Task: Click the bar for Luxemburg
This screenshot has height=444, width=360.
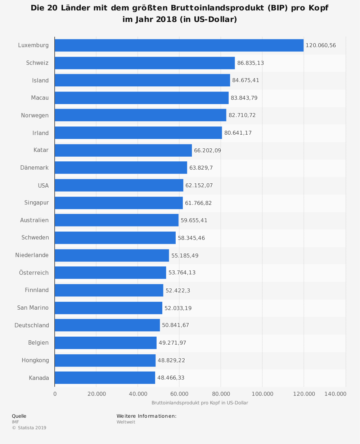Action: pyautogui.click(x=179, y=45)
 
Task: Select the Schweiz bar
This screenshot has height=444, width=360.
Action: pyautogui.click(x=145, y=63)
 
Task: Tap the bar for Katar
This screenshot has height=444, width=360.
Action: pyautogui.click(x=123, y=151)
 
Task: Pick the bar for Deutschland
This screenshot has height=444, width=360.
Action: pyautogui.click(x=107, y=325)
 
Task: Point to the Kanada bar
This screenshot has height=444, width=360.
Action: pyautogui.click(x=105, y=378)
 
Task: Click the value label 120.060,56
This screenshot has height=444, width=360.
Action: pyautogui.click(x=321, y=45)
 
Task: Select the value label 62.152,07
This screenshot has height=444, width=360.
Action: pyautogui.click(x=199, y=185)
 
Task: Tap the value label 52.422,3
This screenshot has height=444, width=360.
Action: pyautogui.click(x=178, y=291)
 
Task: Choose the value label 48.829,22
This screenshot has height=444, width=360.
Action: pyautogui.click(x=171, y=360)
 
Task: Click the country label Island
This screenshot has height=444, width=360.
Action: pyautogui.click(x=40, y=81)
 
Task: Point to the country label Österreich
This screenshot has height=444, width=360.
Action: pyautogui.click(x=34, y=273)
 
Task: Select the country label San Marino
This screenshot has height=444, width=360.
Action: pyautogui.click(x=33, y=308)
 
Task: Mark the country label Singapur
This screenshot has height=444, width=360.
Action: pyautogui.click(x=36, y=203)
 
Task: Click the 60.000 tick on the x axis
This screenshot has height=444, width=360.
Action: pyautogui.click(x=179, y=394)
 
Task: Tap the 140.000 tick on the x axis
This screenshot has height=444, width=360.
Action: pyautogui.click(x=335, y=394)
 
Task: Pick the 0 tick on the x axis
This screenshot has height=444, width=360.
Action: pyautogui.click(x=55, y=394)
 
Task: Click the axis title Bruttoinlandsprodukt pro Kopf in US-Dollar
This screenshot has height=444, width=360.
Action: pyautogui.click(x=199, y=403)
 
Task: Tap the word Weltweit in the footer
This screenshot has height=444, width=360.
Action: pyautogui.click(x=126, y=422)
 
